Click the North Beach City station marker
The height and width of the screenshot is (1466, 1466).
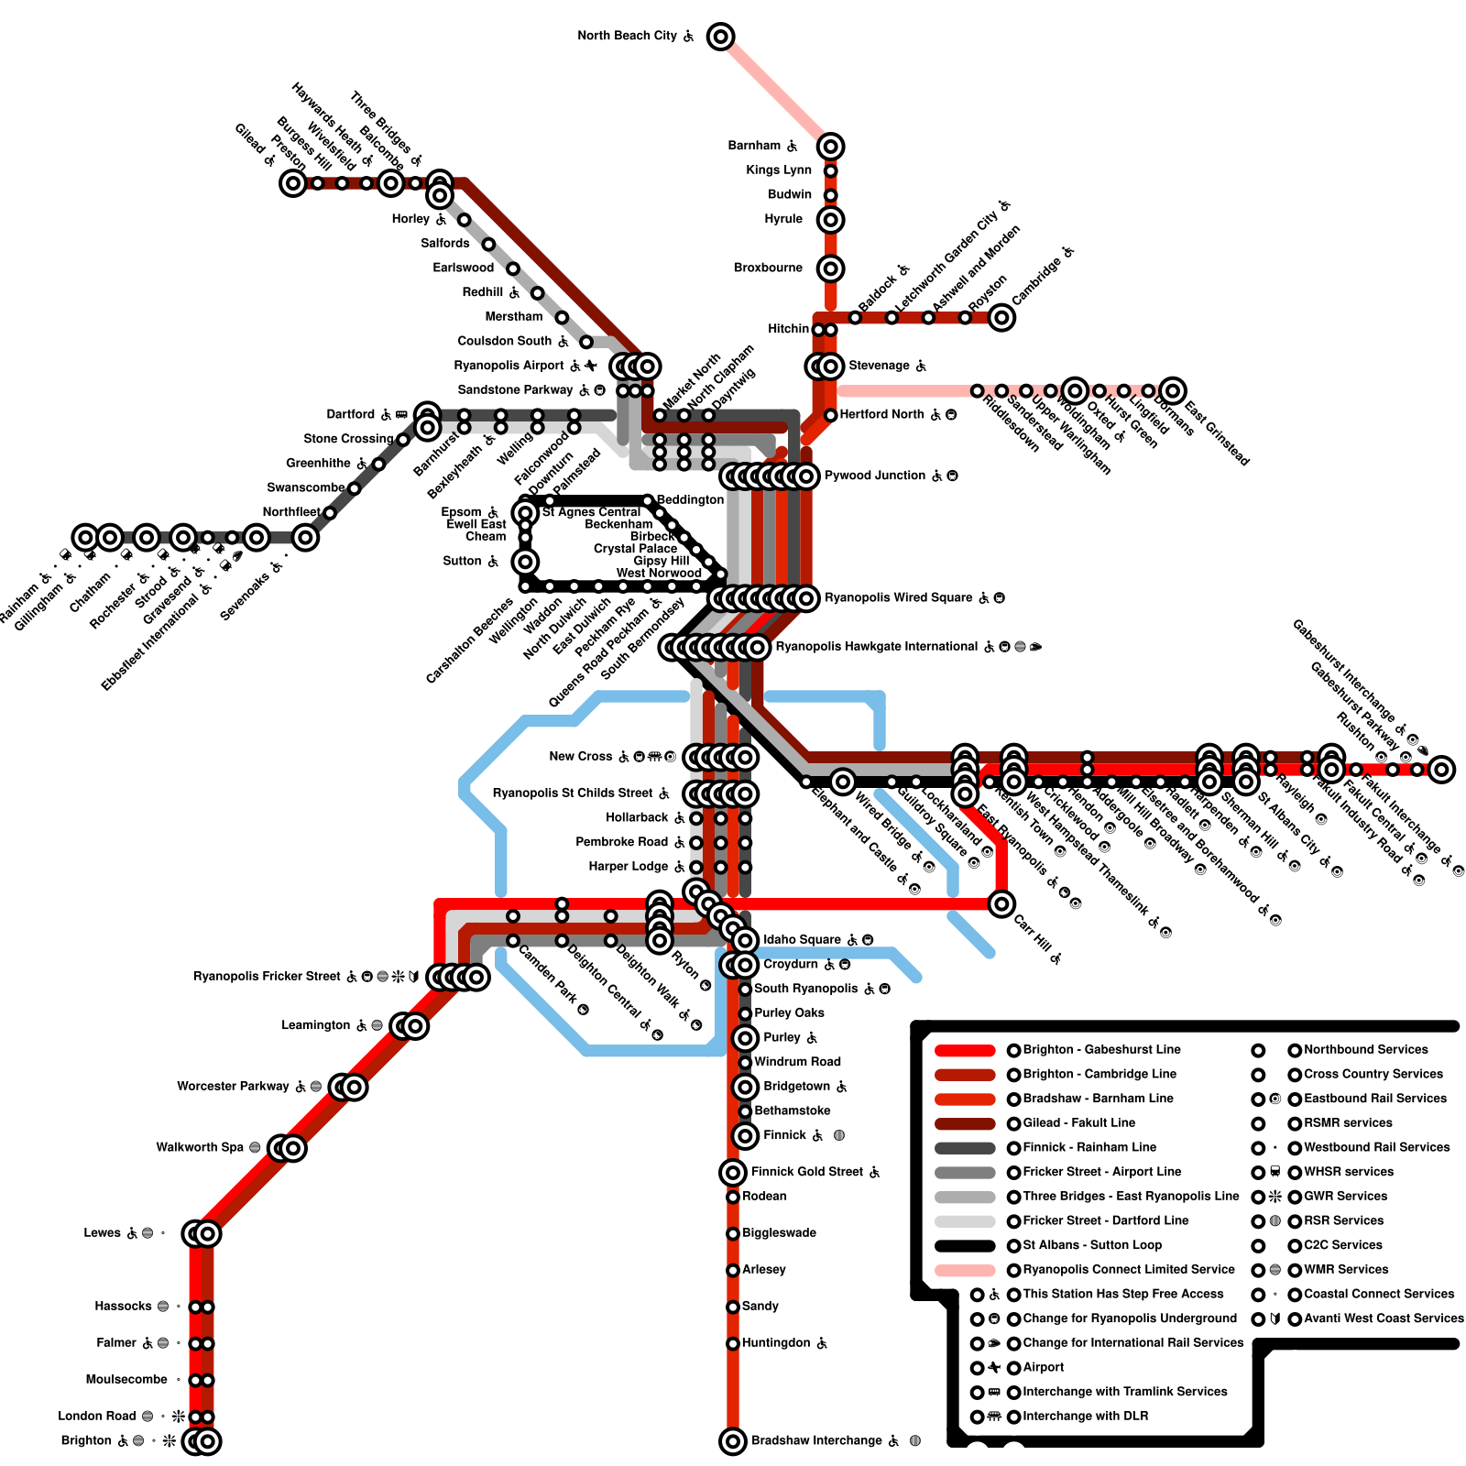[x=721, y=37]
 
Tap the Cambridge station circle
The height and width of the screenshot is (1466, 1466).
[x=1001, y=317]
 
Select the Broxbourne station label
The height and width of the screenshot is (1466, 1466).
[x=768, y=268]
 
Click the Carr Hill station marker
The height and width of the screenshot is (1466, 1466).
[x=1001, y=904]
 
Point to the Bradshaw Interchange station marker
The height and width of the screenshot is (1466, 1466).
[x=733, y=1441]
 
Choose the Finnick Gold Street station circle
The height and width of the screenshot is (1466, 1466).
[x=733, y=1172]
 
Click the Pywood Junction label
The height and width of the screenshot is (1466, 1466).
[x=875, y=476]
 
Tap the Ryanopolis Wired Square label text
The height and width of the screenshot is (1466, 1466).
[x=899, y=598]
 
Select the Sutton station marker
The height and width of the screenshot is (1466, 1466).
[x=525, y=561]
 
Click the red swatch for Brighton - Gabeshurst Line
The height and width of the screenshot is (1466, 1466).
[x=965, y=1050]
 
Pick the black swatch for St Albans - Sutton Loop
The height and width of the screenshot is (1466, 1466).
[x=965, y=1245]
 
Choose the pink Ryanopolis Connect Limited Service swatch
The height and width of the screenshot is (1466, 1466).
[x=965, y=1270]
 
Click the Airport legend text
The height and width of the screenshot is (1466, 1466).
[x=1044, y=1368]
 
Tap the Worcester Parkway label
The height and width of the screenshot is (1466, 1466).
[x=233, y=1087]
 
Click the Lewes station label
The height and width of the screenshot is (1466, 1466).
[x=102, y=1233]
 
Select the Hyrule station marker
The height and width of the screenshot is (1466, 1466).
[x=831, y=220]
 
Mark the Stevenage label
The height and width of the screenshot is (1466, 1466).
[x=879, y=366]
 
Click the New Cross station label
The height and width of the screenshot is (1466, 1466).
[x=581, y=757]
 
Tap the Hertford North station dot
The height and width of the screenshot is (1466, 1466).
[x=831, y=415]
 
